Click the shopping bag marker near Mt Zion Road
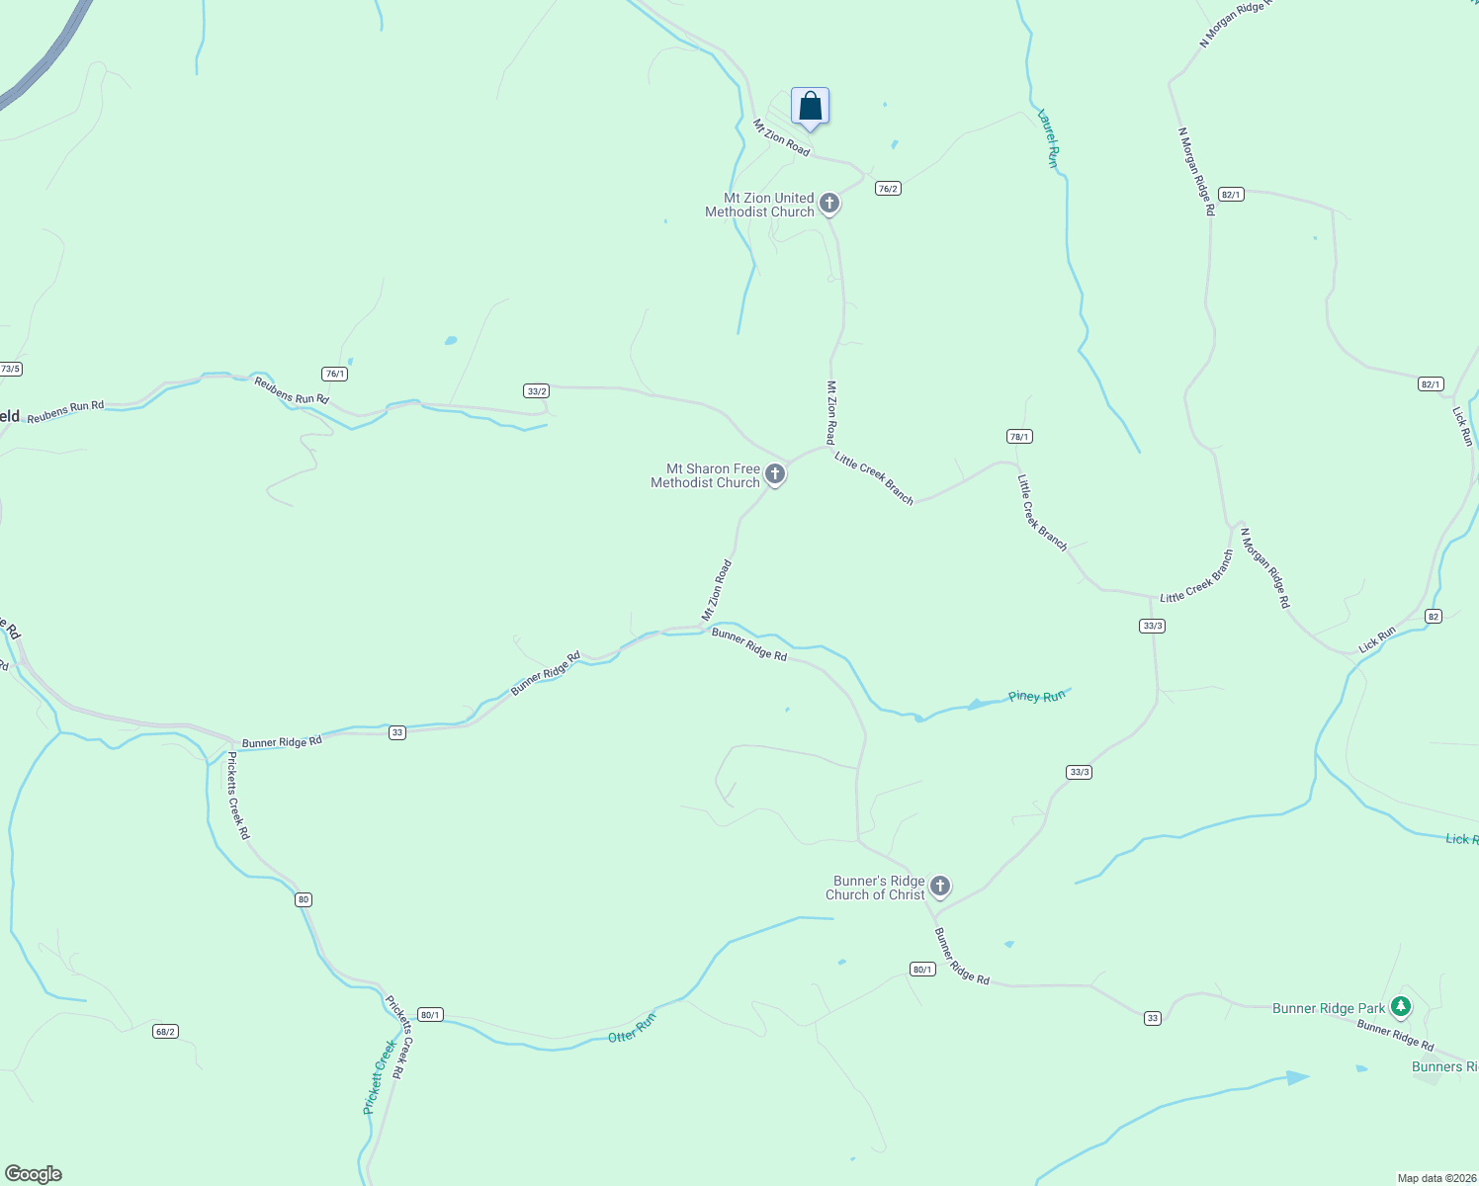tap(810, 106)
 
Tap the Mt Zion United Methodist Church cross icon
tap(829, 204)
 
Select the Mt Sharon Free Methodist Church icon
tap(775, 474)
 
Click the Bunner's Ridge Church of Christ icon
tap(940, 887)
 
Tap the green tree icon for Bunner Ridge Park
tap(1400, 1007)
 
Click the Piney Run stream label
tap(1037, 697)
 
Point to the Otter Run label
tap(632, 1029)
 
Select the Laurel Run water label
tap(1048, 138)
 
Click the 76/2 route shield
tap(888, 189)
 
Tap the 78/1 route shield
tap(1019, 437)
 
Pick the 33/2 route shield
tap(537, 391)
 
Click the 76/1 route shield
tap(335, 374)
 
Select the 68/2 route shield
tap(165, 1032)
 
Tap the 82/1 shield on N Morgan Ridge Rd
tap(1231, 195)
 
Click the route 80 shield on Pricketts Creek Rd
tap(304, 899)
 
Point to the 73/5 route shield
tap(10, 370)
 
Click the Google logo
tap(33, 1174)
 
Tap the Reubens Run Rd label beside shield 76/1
tap(292, 391)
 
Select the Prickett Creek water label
tap(379, 1077)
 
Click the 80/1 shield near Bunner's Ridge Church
tap(922, 970)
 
